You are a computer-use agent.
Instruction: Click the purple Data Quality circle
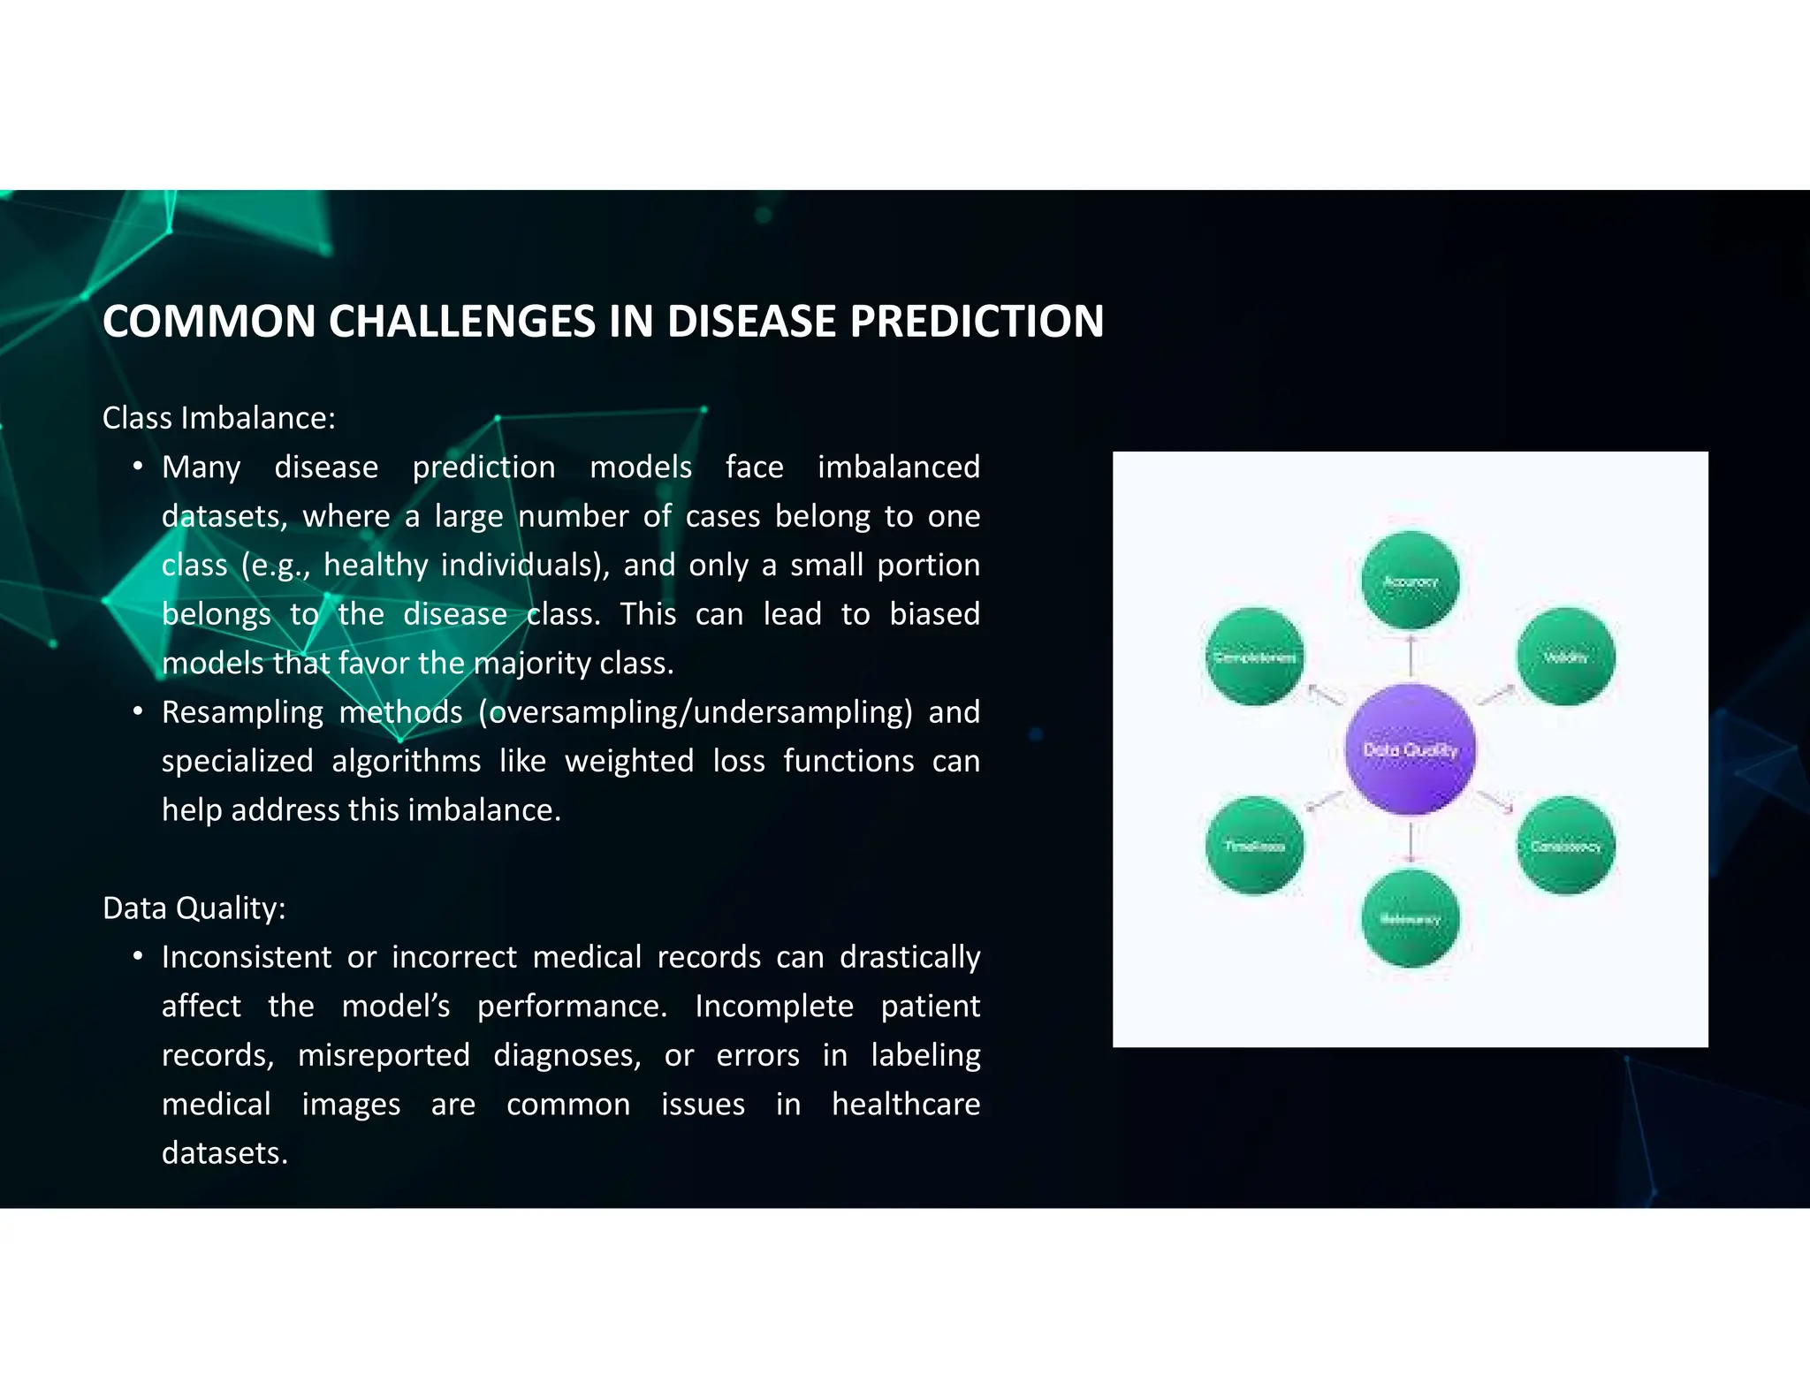coord(1410,748)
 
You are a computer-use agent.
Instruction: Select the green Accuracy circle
coord(1411,581)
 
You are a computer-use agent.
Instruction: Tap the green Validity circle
coord(1565,657)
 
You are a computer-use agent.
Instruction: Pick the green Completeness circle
coord(1254,657)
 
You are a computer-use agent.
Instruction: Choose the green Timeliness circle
coord(1254,846)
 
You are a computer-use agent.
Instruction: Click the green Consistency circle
coord(1565,846)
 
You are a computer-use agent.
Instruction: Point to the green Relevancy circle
coord(1411,919)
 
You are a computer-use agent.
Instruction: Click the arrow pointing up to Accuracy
coord(1411,655)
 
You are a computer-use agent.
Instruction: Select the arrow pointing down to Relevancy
coord(1411,842)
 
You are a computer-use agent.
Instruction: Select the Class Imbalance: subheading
coord(219,418)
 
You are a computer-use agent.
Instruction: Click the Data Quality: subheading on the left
coord(194,908)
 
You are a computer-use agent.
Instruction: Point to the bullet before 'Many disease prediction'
coord(138,466)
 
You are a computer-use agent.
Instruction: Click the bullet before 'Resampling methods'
coord(138,711)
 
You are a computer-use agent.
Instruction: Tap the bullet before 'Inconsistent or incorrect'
coord(138,956)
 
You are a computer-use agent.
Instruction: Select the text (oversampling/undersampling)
coord(696,712)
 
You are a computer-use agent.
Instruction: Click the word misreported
coord(384,1055)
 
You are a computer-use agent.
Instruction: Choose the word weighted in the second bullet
coord(629,761)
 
